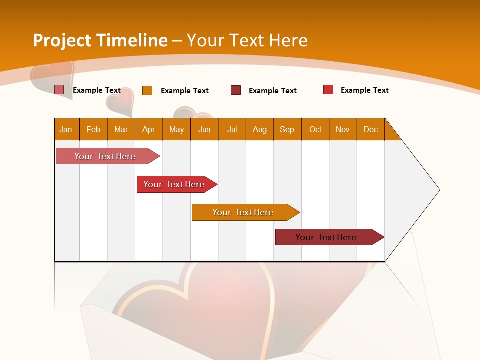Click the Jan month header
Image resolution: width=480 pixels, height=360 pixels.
pos(66,129)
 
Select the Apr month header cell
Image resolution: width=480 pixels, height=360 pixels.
pos(149,129)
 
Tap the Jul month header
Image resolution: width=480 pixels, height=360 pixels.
pos(232,129)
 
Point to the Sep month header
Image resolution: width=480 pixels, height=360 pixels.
pos(287,129)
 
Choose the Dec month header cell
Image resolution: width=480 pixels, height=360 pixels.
pos(370,129)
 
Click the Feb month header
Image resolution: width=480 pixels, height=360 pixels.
pos(93,129)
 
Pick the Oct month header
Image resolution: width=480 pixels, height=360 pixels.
pos(315,129)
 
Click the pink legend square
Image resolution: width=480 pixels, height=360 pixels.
pos(59,90)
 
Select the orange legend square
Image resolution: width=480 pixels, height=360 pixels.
pos(147,90)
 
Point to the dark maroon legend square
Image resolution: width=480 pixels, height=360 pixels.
pos(235,90)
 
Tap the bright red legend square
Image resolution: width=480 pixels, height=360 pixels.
pos(328,90)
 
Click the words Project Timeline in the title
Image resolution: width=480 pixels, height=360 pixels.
pos(100,40)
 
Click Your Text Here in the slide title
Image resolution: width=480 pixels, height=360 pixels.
pos(247,40)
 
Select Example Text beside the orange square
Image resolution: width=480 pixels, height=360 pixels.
pos(184,91)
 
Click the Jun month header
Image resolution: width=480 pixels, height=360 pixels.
pos(204,129)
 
